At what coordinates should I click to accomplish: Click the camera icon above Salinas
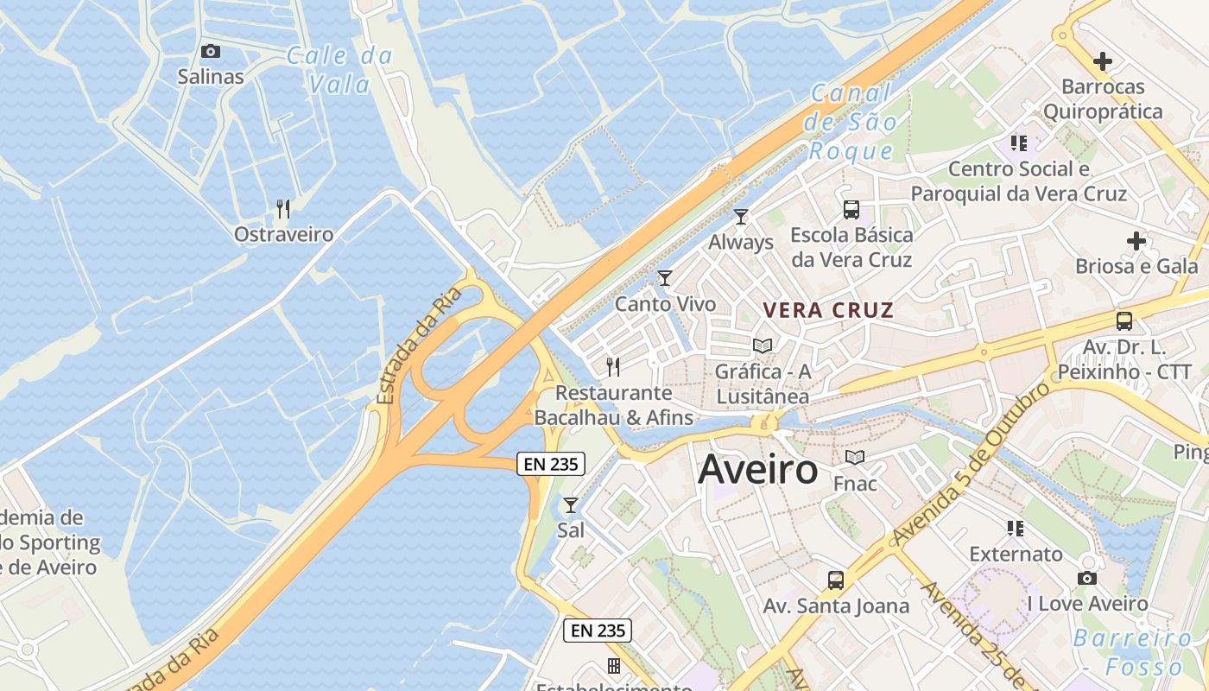point(211,52)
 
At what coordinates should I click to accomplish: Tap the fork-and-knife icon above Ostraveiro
point(282,208)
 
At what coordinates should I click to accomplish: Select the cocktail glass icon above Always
point(741,216)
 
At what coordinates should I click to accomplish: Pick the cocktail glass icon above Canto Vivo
point(665,278)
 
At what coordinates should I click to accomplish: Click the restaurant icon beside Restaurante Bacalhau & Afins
point(613,367)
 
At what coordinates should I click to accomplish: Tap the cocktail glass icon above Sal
point(571,504)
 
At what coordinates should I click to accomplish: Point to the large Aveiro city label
point(757,470)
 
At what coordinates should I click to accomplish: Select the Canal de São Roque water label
point(851,123)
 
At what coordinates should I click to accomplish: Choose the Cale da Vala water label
point(339,70)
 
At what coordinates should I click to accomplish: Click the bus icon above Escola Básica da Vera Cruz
point(851,209)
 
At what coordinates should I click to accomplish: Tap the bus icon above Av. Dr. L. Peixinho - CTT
point(1124,321)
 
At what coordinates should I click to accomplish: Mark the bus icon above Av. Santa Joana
point(836,580)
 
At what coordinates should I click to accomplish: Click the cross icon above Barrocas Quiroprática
point(1103,61)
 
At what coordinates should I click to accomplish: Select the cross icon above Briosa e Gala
point(1136,241)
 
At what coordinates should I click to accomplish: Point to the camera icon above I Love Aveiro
point(1087,578)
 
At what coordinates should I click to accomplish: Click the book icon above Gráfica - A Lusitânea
point(763,345)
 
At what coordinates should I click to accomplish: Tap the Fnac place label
point(855,484)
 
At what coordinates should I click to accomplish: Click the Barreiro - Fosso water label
point(1132,652)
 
